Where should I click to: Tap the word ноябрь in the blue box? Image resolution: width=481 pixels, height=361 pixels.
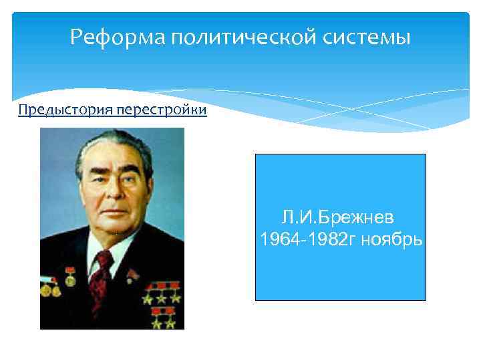(391, 239)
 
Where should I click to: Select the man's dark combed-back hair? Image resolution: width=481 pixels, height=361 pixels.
(114, 146)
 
